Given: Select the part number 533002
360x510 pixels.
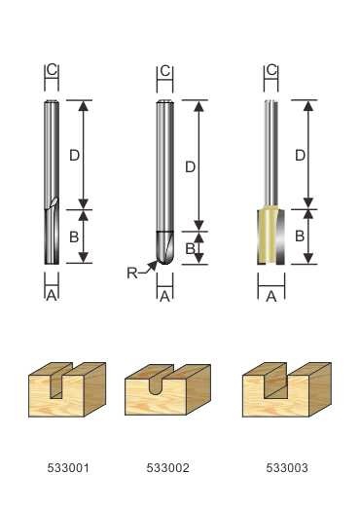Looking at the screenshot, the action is coord(167,468).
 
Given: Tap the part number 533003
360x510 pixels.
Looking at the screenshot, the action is coord(287,468).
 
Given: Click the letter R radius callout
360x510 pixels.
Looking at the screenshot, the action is coord(131,273).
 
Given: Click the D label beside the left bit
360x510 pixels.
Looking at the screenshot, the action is coord(74,156).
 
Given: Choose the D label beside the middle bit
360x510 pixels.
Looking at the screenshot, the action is coord(190,166).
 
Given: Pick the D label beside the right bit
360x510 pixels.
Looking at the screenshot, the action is coord(300,156).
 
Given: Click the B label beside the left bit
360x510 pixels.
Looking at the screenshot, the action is coord(74,237).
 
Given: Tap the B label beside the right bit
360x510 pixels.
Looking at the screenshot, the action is coord(300,236).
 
